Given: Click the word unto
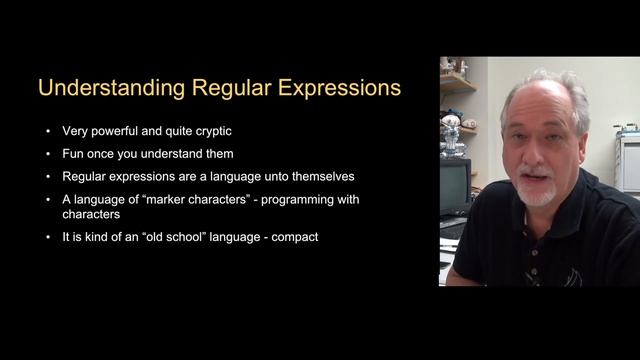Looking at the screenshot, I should [x=259, y=175].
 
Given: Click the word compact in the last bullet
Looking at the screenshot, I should [x=294, y=236].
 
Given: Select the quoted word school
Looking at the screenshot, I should [x=202, y=236].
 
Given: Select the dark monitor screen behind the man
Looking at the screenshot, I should [x=455, y=185].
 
